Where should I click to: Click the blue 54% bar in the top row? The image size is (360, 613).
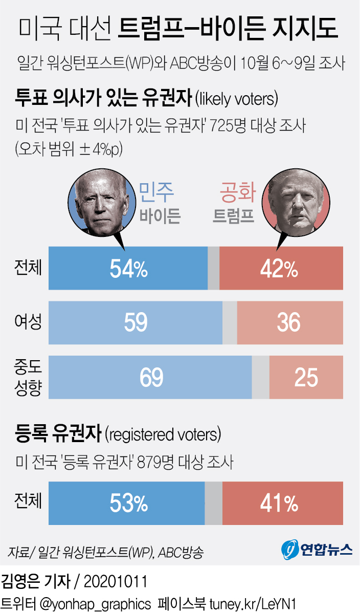pos(128,268)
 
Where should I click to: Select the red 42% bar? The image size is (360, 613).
pos(281,268)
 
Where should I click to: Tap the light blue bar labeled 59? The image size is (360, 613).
pos(136,322)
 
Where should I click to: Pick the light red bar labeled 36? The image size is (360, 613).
pos(289,322)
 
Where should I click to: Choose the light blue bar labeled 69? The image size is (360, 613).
pos(150,377)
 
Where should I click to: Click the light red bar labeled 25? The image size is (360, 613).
pos(306,377)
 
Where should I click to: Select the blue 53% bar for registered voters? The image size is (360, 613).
pos(126,503)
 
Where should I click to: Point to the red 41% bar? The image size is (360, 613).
pos(282,503)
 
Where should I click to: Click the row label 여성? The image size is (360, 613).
pos(28,322)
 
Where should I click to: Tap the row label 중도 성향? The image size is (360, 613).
pos(28,377)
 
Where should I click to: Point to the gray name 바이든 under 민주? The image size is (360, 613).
pos(160,217)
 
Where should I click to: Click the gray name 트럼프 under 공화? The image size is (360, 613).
pos(234,217)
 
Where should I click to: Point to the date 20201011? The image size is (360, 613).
pos(115,582)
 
